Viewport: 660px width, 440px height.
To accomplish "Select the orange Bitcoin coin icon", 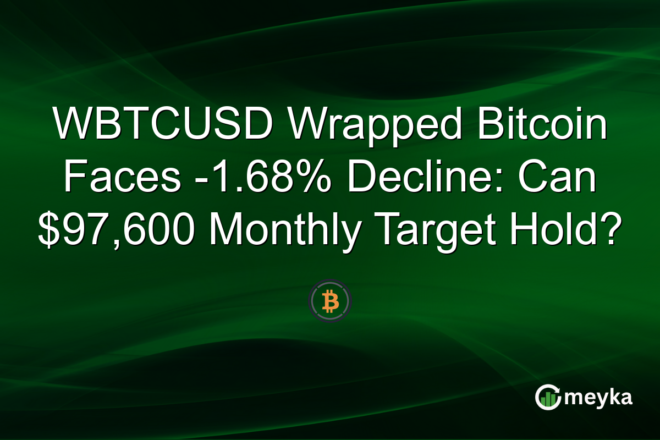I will click(x=330, y=301).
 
